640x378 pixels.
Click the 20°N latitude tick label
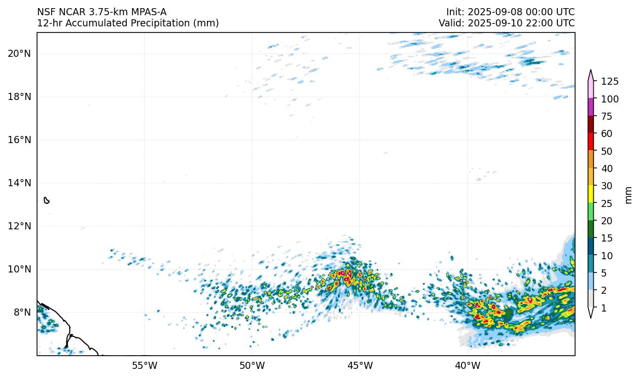tap(19, 54)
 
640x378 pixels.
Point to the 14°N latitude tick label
tap(19, 183)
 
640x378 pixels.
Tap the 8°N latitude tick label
tap(22, 313)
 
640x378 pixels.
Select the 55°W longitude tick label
tap(145, 365)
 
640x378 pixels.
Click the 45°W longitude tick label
tap(360, 365)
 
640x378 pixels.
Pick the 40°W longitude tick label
tap(468, 365)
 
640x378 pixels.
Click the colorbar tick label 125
tap(610, 82)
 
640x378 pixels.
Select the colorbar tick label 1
tap(603, 308)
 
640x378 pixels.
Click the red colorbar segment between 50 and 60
tap(591, 142)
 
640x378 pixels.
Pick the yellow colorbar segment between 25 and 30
tap(591, 194)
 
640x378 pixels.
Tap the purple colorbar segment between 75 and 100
tap(591, 107)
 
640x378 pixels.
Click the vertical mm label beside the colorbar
tap(629, 195)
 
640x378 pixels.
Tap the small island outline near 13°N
tap(47, 200)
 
